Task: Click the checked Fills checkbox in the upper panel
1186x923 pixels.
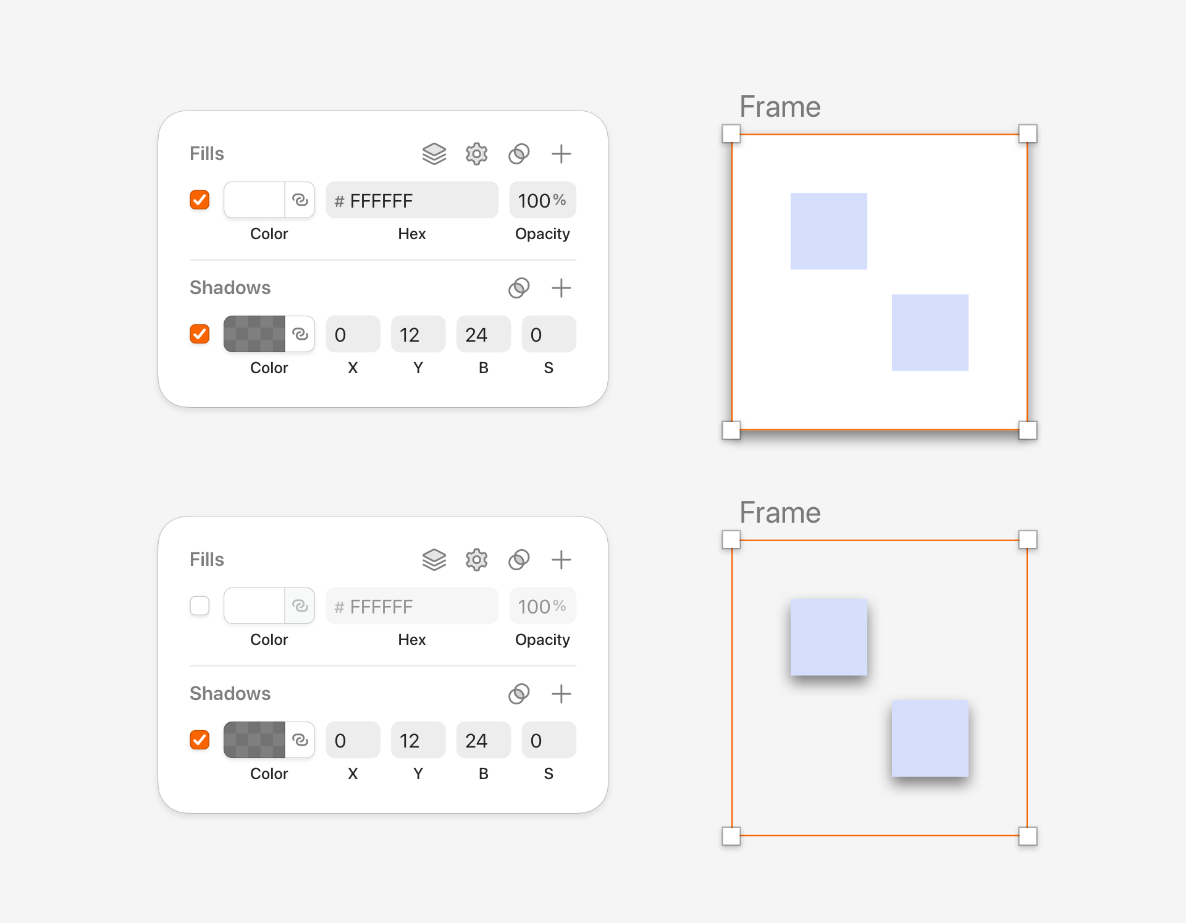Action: (x=200, y=200)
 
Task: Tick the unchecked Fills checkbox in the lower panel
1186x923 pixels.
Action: (x=200, y=605)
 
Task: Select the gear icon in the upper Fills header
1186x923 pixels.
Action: (x=476, y=154)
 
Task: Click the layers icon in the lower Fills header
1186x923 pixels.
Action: (x=434, y=560)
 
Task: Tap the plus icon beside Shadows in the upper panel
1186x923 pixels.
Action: (x=561, y=288)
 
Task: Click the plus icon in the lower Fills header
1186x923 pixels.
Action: (x=561, y=560)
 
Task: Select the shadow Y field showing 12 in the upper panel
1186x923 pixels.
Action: (x=418, y=334)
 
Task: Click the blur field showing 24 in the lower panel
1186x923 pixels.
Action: (x=484, y=740)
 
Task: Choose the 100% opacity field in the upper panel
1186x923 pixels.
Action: (x=542, y=200)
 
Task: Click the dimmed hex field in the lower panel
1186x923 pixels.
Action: (x=412, y=605)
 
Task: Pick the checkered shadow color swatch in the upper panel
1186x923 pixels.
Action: (x=254, y=334)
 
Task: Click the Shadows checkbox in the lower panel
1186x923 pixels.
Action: (x=200, y=740)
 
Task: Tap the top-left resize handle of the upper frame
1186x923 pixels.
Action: (x=731, y=134)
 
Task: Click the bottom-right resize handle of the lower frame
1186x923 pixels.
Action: (x=1028, y=837)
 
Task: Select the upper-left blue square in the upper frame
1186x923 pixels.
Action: (x=829, y=232)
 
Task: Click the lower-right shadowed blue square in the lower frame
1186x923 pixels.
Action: (x=930, y=739)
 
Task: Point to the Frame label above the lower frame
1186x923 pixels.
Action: (x=780, y=513)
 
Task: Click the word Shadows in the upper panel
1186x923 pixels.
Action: (x=230, y=288)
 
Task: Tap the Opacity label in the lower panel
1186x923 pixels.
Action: (x=542, y=640)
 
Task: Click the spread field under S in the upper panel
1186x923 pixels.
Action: (x=549, y=334)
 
